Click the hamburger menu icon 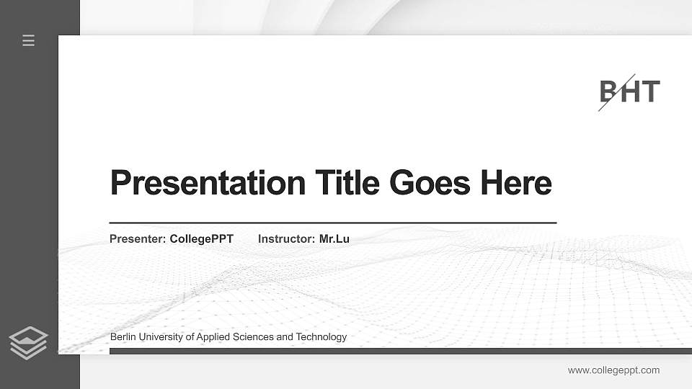point(28,40)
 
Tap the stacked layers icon point(28,343)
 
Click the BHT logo point(629,92)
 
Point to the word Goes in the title point(430,183)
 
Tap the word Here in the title point(516,183)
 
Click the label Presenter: point(138,239)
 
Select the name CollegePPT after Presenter point(202,239)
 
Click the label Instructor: point(286,239)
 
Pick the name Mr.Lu point(334,239)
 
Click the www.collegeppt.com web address point(613,370)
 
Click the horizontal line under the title point(333,223)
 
